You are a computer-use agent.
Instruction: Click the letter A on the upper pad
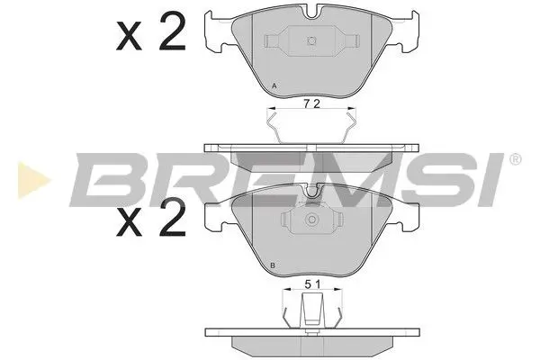(274, 86)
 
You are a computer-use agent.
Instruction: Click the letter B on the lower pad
(273, 267)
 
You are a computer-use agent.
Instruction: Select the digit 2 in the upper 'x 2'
(171, 37)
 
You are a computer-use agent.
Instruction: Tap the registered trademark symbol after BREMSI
(516, 159)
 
